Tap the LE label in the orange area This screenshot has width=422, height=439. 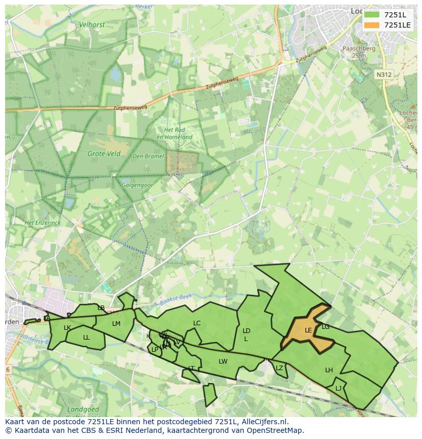pos(308,330)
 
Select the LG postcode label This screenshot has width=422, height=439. pos(325,327)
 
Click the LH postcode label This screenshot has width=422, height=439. pos(329,370)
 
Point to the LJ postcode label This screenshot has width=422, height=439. pos(338,388)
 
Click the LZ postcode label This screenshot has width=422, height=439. pos(279,368)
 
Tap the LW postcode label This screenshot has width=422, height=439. pos(223,361)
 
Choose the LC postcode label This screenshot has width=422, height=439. pos(197,323)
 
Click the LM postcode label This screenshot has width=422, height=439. pos(116,324)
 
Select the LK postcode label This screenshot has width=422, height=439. pos(67,328)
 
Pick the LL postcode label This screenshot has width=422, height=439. pos(86,338)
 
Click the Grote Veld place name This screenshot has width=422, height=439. pos(104,153)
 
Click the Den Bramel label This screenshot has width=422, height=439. pos(148,156)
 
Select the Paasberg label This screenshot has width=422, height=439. pos(359,49)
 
